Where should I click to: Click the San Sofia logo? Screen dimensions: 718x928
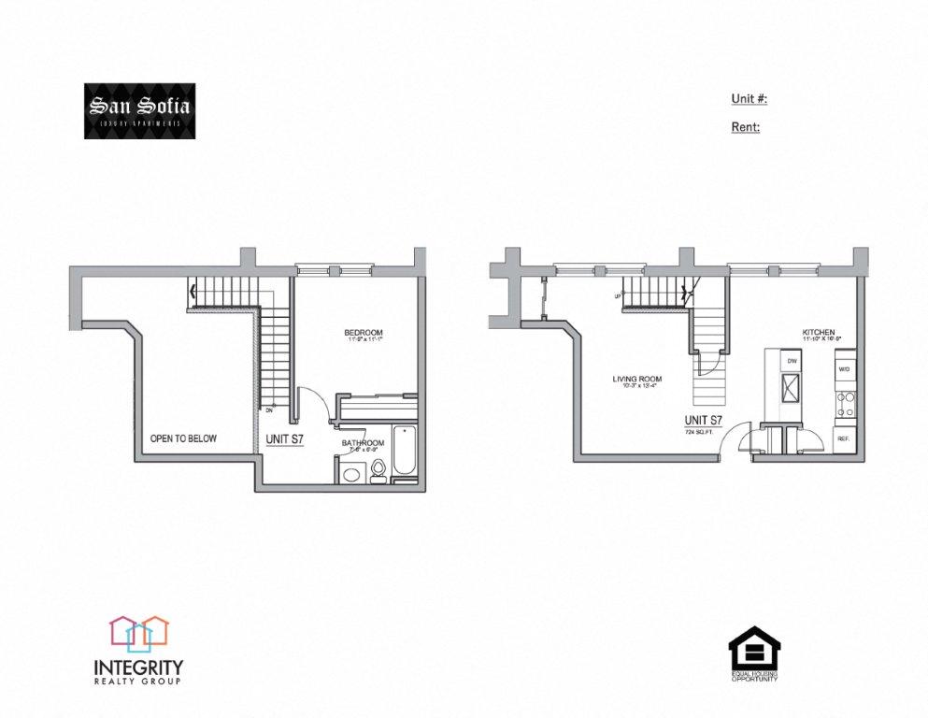point(139,111)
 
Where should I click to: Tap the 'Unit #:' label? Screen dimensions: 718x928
point(749,99)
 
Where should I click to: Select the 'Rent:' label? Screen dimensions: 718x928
point(745,126)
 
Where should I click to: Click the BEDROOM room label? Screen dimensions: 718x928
point(364,333)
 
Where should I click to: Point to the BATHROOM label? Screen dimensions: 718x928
point(363,442)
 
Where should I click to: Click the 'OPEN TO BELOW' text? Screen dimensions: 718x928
point(184,438)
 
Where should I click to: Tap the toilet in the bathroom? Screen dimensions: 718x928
point(378,469)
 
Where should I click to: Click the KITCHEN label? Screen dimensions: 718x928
point(818,332)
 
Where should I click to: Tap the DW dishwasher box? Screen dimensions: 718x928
point(791,360)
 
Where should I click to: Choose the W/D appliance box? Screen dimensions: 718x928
point(844,369)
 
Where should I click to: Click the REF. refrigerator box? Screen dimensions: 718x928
point(843,438)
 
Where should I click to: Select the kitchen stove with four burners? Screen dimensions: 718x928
point(845,404)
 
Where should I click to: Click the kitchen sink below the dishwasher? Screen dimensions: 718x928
point(790,387)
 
